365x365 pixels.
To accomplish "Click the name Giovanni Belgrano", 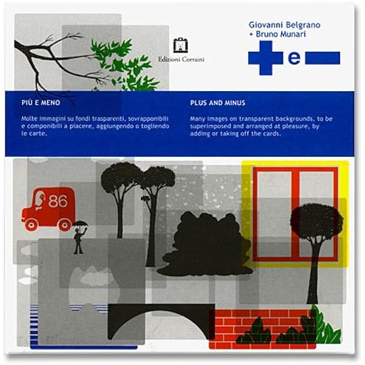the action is [x=285, y=25].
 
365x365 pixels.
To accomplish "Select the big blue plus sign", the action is [x=266, y=58].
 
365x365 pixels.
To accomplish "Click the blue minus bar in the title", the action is [x=322, y=58].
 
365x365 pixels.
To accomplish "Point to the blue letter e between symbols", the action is [x=294, y=58].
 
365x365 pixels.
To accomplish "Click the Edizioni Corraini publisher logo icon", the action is [x=181, y=46].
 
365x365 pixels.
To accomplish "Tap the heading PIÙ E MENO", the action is [x=41, y=103].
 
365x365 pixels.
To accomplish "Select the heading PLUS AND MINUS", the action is [x=218, y=103].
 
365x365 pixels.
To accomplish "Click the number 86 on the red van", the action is [x=58, y=201].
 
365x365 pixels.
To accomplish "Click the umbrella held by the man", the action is [x=80, y=224].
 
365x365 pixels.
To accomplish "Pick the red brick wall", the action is [x=262, y=329].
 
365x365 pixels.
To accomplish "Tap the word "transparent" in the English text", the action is [x=256, y=119].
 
